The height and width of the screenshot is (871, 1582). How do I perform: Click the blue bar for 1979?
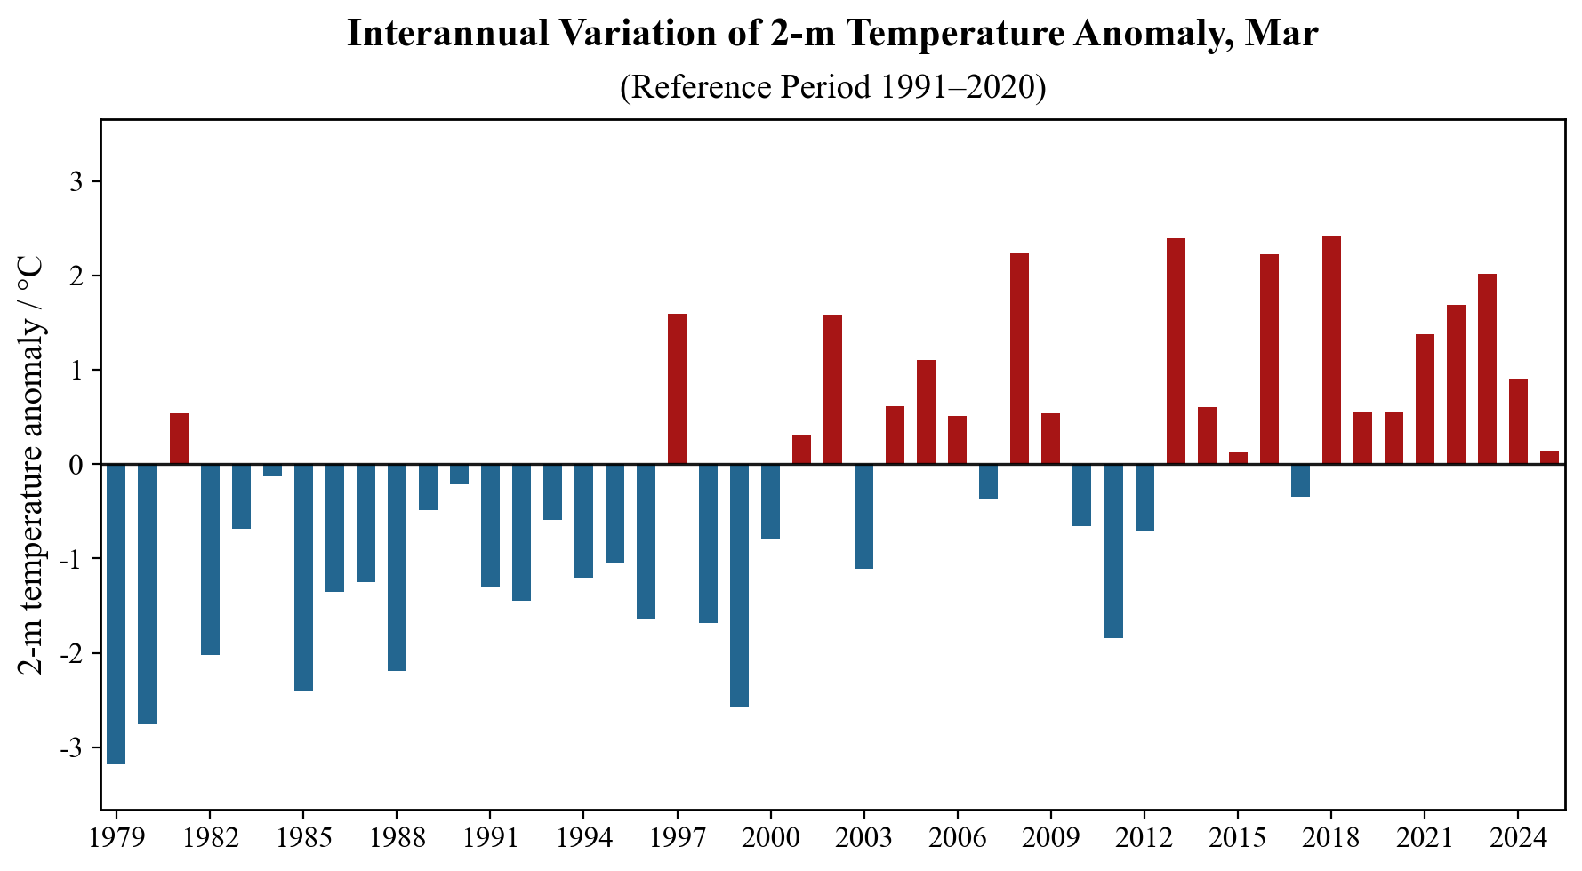pyautogui.click(x=116, y=613)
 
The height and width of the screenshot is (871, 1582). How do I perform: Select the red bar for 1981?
pyautogui.click(x=179, y=439)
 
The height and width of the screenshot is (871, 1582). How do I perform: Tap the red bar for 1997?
pyautogui.click(x=677, y=389)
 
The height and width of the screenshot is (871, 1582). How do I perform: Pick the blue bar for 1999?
pyautogui.click(x=739, y=585)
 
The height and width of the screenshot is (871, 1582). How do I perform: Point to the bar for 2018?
pyautogui.click(x=1331, y=350)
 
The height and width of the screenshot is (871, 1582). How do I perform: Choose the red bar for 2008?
pyautogui.click(x=1019, y=359)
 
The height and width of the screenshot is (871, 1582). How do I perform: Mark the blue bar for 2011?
pyautogui.click(x=1113, y=551)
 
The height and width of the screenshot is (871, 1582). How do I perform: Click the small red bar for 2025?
pyautogui.click(x=1549, y=458)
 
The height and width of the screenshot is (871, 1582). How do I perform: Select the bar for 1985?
pyautogui.click(x=303, y=577)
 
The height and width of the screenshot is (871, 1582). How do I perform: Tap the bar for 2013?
pyautogui.click(x=1176, y=351)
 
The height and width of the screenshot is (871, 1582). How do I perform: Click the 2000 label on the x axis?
pyautogui.click(x=770, y=839)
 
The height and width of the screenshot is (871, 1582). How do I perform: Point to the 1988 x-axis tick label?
pyautogui.click(x=397, y=839)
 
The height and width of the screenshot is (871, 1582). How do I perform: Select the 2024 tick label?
pyautogui.click(x=1518, y=839)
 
